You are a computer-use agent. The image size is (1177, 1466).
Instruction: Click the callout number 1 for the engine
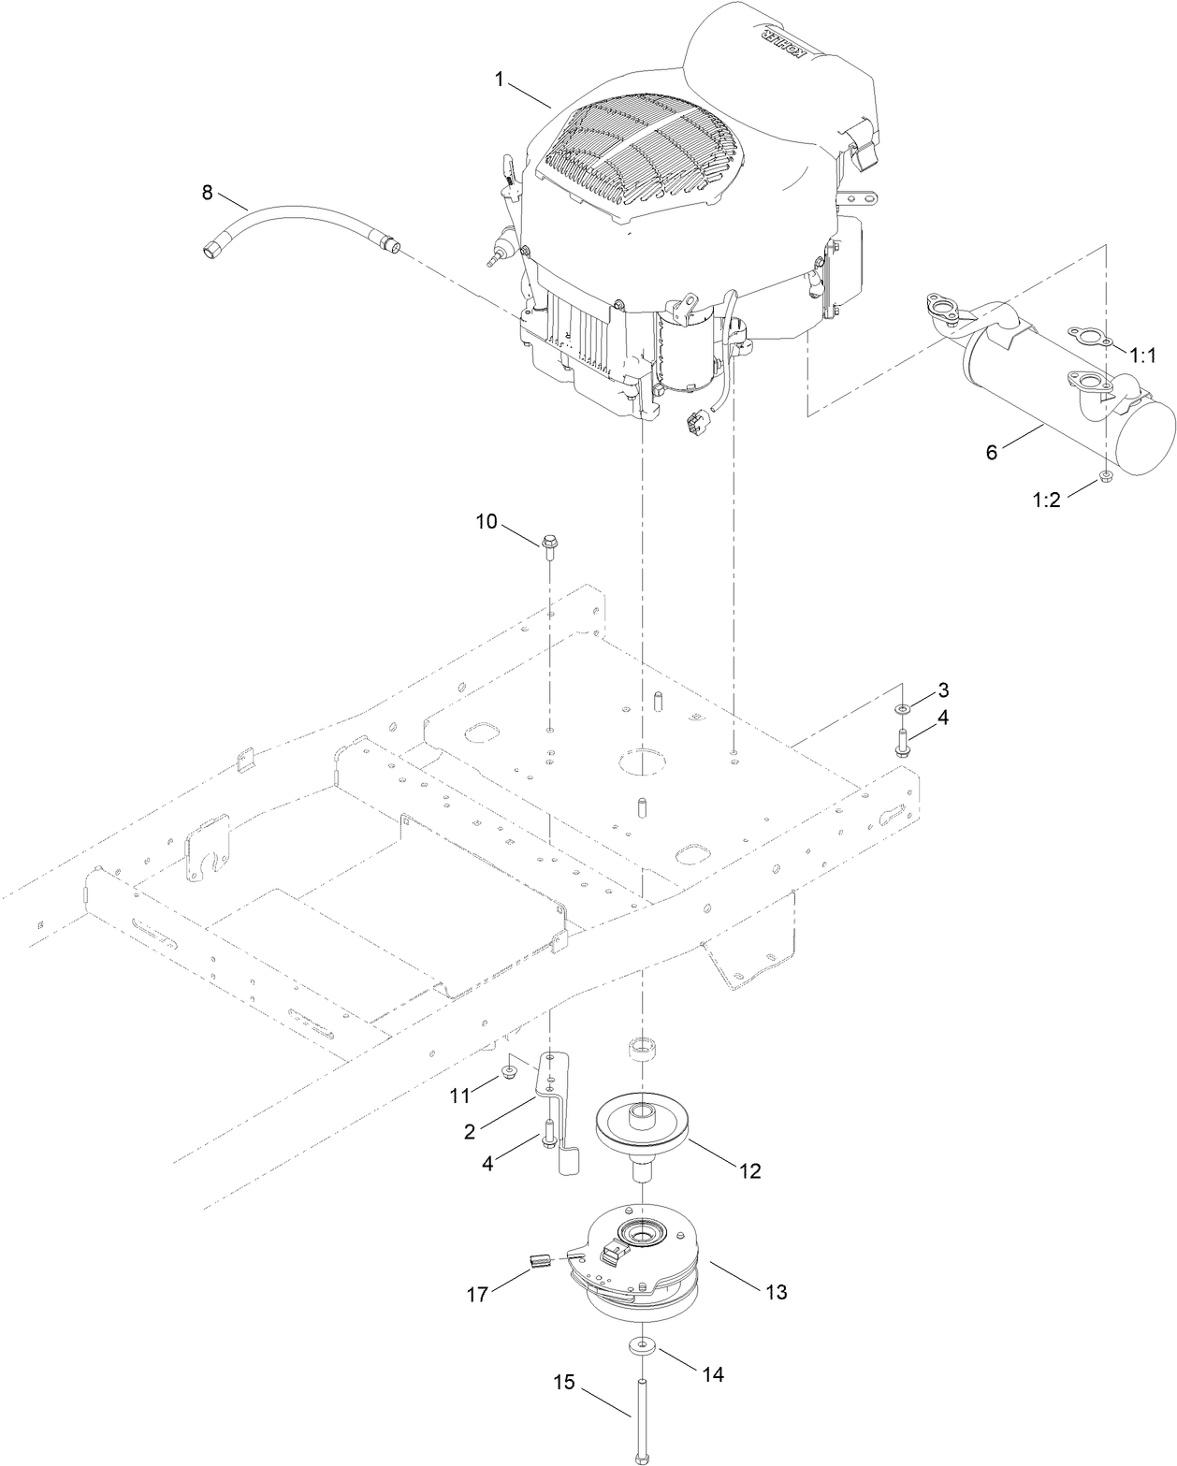tap(501, 80)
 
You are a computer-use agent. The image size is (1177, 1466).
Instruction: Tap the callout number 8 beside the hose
tap(208, 193)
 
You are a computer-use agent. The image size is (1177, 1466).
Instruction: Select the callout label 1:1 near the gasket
tap(1143, 356)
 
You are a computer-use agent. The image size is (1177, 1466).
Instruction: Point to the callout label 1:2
tap(1047, 500)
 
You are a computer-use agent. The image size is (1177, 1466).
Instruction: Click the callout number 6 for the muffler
tap(993, 451)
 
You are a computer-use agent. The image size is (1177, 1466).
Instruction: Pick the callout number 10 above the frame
tap(487, 521)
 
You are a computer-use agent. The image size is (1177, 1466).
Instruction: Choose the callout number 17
tap(477, 1296)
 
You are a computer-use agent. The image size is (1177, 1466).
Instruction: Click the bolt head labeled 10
tap(549, 541)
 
